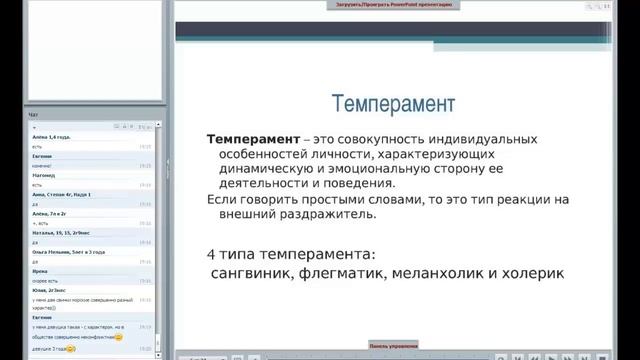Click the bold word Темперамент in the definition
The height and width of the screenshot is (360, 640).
pyautogui.click(x=244, y=139)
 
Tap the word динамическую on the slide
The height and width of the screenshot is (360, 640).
pyautogui.click(x=262, y=169)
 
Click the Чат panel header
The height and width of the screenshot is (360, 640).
pyautogui.click(x=35, y=115)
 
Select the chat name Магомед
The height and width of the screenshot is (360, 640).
pyautogui.click(x=43, y=174)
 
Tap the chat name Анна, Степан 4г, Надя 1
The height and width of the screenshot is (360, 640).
pyautogui.click(x=62, y=193)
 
